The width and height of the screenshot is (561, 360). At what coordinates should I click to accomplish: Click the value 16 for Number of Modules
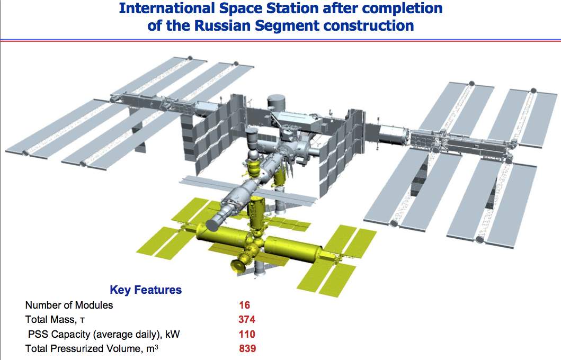[x=245, y=305]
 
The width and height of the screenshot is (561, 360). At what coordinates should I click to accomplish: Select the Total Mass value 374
[x=247, y=319]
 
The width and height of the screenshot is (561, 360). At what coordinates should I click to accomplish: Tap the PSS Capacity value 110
[x=247, y=334]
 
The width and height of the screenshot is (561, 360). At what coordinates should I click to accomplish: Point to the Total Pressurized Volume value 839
[x=247, y=348]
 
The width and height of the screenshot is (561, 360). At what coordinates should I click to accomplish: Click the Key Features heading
[x=146, y=290]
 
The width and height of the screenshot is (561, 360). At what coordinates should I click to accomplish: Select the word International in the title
[x=167, y=8]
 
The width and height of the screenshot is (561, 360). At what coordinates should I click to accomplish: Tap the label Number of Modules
[x=69, y=305]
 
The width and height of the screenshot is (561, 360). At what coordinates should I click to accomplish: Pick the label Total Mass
[x=50, y=319]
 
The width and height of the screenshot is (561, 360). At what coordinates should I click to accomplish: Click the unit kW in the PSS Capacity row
[x=173, y=334]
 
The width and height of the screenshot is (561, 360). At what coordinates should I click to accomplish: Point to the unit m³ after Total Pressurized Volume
[x=152, y=348]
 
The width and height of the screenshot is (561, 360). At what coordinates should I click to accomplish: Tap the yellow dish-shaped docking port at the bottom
[x=237, y=266]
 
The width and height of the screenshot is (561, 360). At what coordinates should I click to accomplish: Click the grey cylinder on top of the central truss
[x=276, y=102]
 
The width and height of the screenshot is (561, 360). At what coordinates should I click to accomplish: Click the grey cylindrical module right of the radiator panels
[x=393, y=135]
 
